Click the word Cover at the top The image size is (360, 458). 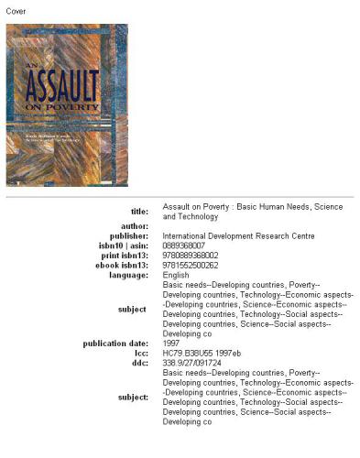pos(16,10)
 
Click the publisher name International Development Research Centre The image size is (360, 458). pos(238,235)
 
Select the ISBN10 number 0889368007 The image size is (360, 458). pos(185,245)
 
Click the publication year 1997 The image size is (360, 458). pos(171,343)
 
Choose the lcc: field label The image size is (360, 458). pos(141,354)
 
